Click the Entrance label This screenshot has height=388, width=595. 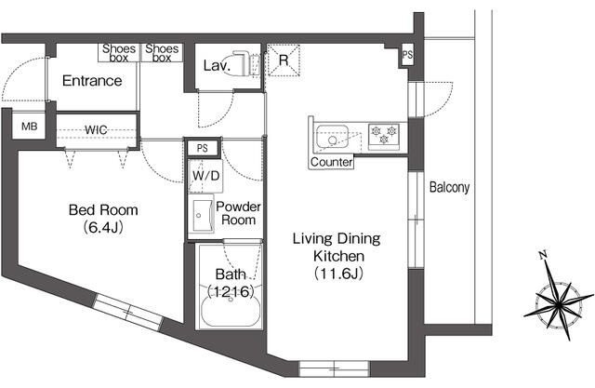[92, 81]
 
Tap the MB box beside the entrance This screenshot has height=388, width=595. [29, 126]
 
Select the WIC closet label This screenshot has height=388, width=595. [96, 130]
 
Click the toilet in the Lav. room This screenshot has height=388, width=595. [245, 63]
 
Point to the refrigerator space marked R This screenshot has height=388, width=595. [284, 60]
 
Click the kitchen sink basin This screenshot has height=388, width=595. [333, 136]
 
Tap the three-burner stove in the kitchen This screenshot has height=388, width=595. [384, 136]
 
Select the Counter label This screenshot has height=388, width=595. [331, 162]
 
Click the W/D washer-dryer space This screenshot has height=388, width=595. [205, 176]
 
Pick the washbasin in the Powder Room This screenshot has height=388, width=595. [202, 216]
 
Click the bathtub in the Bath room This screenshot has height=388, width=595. [231, 311]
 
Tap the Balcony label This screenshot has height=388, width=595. [449, 187]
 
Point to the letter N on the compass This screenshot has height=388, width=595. [543, 255]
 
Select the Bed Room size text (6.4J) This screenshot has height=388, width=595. [103, 227]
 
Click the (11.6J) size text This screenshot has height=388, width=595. [338, 274]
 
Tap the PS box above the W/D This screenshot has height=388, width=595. [202, 148]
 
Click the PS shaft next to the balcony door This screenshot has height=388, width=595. [407, 56]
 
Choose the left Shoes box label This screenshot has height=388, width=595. [119, 53]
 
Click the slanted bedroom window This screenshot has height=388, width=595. [128, 312]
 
